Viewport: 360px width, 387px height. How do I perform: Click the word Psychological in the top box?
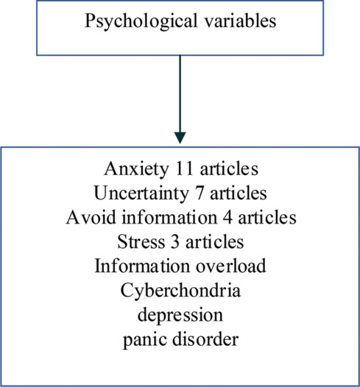click(141, 21)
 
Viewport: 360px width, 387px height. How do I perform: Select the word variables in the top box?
click(241, 21)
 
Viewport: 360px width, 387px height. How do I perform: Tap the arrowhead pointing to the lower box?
click(180, 138)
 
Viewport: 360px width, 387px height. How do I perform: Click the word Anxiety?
click(136, 169)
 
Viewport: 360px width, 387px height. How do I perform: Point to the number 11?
click(184, 168)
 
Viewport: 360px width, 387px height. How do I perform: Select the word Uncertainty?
click(141, 193)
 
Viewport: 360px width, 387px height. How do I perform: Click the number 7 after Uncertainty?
click(200, 193)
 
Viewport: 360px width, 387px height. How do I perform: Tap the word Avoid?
click(91, 217)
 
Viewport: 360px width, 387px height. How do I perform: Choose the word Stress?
click(141, 241)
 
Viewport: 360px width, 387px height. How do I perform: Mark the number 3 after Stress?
click(175, 241)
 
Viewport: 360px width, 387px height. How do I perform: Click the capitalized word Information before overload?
click(142, 266)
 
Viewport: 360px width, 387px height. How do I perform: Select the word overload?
click(231, 266)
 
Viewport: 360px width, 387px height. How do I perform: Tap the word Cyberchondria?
click(180, 290)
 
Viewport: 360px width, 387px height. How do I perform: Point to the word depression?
click(180, 316)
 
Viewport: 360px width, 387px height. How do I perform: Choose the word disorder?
click(205, 338)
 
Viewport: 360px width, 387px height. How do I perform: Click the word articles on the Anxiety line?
click(229, 168)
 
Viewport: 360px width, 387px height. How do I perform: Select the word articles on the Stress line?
click(214, 241)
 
